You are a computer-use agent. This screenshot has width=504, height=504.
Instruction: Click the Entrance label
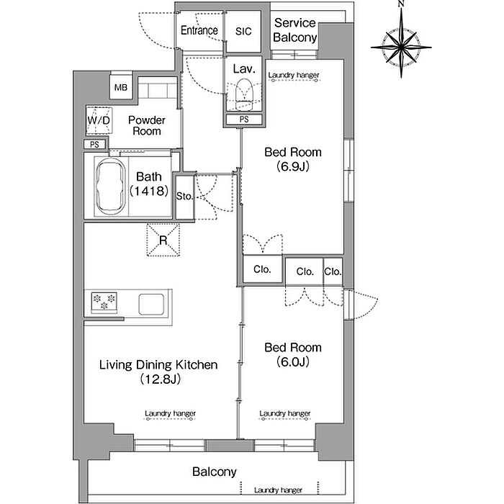199,30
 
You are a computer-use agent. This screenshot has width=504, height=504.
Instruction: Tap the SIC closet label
243,31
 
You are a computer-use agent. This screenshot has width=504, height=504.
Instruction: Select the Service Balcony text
295,30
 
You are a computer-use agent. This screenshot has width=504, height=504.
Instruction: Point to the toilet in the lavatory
244,94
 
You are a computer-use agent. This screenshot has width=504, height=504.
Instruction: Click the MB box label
121,87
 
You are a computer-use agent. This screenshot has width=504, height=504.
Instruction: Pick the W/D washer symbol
99,120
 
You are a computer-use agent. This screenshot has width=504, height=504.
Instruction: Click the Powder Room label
147,126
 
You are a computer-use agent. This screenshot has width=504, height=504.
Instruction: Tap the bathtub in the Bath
111,186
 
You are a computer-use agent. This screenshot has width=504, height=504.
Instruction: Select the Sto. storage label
184,196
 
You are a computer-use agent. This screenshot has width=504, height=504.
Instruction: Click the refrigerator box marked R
163,240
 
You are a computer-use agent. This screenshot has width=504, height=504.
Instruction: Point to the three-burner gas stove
104,302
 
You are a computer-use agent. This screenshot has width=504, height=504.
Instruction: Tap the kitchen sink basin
151,304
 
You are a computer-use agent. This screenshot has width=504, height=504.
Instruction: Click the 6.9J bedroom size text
293,166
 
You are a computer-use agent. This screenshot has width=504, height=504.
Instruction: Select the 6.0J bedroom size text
293,362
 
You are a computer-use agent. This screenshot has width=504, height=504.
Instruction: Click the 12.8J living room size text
161,379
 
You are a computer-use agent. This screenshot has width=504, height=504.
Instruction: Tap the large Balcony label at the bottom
215,472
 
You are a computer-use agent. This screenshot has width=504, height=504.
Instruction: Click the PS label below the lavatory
244,120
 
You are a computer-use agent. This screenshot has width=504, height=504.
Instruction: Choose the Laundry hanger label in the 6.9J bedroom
294,75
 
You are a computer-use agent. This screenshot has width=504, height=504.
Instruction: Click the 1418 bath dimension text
149,192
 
